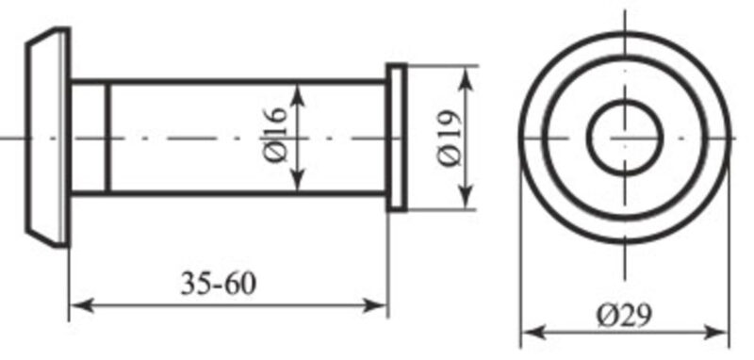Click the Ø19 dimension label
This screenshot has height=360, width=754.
tap(450, 139)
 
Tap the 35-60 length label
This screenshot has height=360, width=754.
tap(219, 284)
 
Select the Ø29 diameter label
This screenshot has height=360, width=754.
tap(624, 316)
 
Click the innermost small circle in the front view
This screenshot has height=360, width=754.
tap(625, 102)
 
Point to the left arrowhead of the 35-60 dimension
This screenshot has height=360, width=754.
tap(82, 305)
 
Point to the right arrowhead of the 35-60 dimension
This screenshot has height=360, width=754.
tap(375, 305)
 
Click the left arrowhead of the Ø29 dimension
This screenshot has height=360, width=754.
tap(533, 332)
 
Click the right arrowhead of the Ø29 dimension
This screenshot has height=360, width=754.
tap(717, 332)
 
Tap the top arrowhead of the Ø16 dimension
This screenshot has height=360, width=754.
tap(299, 95)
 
